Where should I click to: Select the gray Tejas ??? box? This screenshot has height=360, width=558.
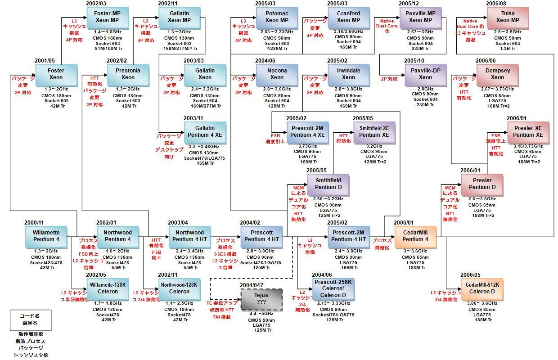[x=261, y=299]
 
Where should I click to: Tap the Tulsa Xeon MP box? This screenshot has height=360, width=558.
[x=508, y=17]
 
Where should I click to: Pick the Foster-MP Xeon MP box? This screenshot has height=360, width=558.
[x=108, y=17]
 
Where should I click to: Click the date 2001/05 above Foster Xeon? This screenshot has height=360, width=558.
[x=45, y=61]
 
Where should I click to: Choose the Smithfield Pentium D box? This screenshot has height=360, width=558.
[x=328, y=184]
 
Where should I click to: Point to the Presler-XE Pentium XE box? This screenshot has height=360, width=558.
[x=528, y=131]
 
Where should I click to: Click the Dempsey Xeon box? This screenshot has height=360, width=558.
[x=497, y=74]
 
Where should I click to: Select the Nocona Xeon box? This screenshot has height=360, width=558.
[x=277, y=74]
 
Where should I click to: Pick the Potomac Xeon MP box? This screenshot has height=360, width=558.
[x=277, y=17]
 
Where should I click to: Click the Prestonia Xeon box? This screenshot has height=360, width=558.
[x=128, y=74]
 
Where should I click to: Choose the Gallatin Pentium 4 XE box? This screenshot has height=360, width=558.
[x=205, y=131]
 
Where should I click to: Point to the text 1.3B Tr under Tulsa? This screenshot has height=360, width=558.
[x=508, y=48]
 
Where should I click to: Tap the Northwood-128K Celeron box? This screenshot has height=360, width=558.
[x=179, y=288]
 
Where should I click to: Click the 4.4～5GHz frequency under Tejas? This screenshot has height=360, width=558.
[x=261, y=314]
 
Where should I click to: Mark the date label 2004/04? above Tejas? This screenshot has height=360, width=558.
[x=252, y=285]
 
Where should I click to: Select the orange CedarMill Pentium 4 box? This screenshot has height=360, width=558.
[x=415, y=236]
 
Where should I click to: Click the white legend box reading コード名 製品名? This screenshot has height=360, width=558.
[x=31, y=319]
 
